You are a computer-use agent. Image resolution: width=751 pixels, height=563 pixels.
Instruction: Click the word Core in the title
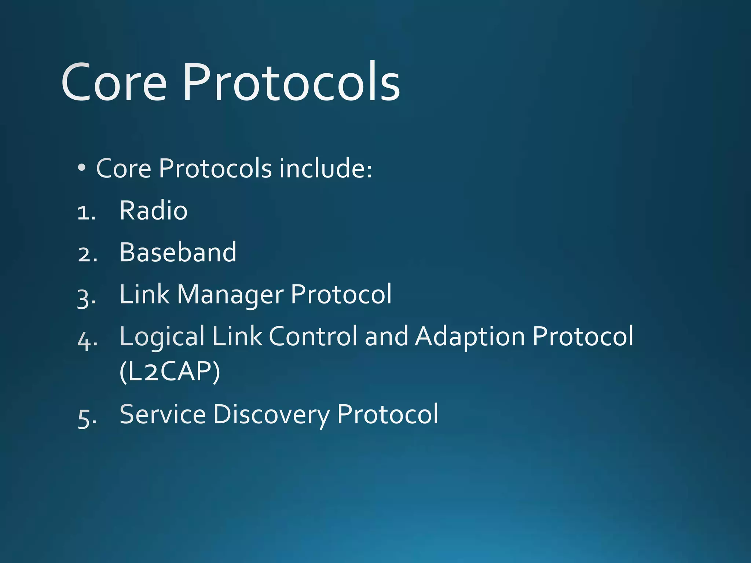point(114,82)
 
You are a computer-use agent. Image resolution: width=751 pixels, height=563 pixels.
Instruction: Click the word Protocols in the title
point(292,82)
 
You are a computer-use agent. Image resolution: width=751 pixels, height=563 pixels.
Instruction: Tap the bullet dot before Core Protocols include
point(82,168)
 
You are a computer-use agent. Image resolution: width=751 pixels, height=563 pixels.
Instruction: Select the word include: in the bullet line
point(326,168)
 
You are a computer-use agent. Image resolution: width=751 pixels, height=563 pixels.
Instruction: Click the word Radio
point(153,211)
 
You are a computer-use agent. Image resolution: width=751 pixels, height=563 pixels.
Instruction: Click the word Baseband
point(178,253)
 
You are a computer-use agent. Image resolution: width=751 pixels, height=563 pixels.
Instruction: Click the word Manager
point(230,295)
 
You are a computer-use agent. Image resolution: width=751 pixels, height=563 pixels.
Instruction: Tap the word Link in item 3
point(144,294)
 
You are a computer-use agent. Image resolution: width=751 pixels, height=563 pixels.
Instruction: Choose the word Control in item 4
point(313,336)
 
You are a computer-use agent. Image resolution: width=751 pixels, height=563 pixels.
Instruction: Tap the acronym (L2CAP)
point(170,371)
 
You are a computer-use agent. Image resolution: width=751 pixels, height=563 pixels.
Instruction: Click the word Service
point(162,415)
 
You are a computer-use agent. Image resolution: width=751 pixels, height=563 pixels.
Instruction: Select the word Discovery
point(271,415)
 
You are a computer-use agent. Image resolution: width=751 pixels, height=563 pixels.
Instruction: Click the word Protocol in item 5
point(387,415)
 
